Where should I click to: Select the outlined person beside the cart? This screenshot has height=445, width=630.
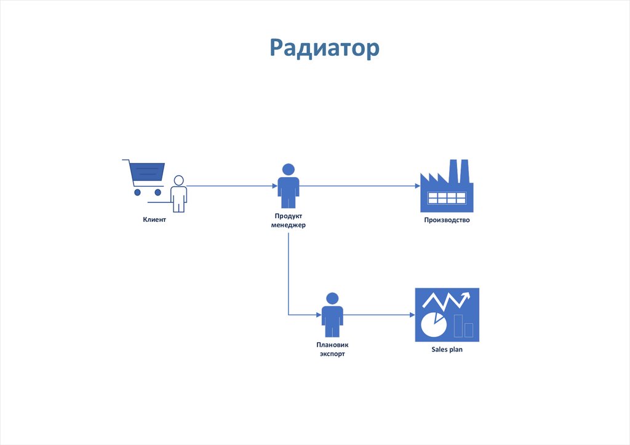tap(178, 193)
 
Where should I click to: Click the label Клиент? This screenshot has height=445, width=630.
tap(154, 220)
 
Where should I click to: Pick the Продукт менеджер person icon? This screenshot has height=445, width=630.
tap(288, 186)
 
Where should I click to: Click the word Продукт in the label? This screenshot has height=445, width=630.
tap(288, 216)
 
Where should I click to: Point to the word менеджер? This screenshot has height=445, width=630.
tap(288, 225)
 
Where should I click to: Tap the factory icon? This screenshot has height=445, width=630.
tap(447, 184)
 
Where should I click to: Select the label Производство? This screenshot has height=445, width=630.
tap(447, 220)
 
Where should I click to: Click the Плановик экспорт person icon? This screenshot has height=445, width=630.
tap(332, 314)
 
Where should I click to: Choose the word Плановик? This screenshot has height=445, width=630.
tap(332, 345)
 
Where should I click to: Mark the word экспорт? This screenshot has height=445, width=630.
tap(332, 354)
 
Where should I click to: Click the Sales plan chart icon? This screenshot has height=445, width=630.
tap(447, 315)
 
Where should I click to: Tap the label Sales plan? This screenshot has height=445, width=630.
tap(447, 350)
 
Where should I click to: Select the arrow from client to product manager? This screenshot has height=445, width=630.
tap(231, 186)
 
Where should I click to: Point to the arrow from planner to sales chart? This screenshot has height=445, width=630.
tap(379, 315)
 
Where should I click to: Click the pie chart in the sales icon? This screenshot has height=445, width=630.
tap(433, 324)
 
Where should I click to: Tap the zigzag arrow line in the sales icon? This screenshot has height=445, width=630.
tap(447, 301)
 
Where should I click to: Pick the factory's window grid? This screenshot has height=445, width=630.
tap(447, 198)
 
